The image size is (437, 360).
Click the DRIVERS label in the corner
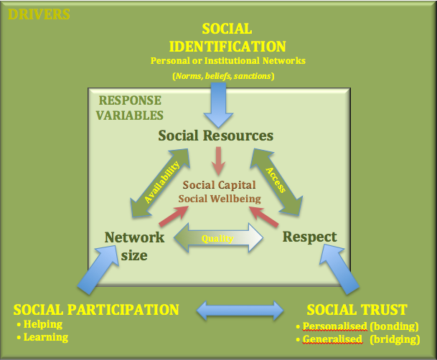[x=39, y=14]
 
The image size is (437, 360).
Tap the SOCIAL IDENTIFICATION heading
[x=227, y=37]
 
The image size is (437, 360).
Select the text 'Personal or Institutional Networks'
[x=227, y=61]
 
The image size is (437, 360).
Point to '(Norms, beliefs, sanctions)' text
[x=223, y=76]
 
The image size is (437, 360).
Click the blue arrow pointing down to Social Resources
[x=218, y=105]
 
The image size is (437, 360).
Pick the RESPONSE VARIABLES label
[x=130, y=108]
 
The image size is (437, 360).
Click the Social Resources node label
[x=216, y=136]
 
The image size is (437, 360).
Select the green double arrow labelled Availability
[x=160, y=183]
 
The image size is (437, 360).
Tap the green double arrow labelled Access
[x=276, y=182]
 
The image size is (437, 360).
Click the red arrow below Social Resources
[x=218, y=161]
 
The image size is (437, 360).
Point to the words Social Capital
[x=220, y=185]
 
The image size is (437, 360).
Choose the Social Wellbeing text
[x=220, y=199]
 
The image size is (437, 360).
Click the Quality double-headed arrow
[x=218, y=238]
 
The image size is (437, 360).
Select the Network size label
[x=134, y=246]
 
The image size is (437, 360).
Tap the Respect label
[x=310, y=237]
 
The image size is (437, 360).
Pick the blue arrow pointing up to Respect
[x=339, y=269]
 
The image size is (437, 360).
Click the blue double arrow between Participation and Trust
[x=240, y=311]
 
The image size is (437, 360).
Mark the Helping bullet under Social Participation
[x=39, y=324]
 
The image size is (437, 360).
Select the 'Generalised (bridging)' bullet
[x=358, y=339]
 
